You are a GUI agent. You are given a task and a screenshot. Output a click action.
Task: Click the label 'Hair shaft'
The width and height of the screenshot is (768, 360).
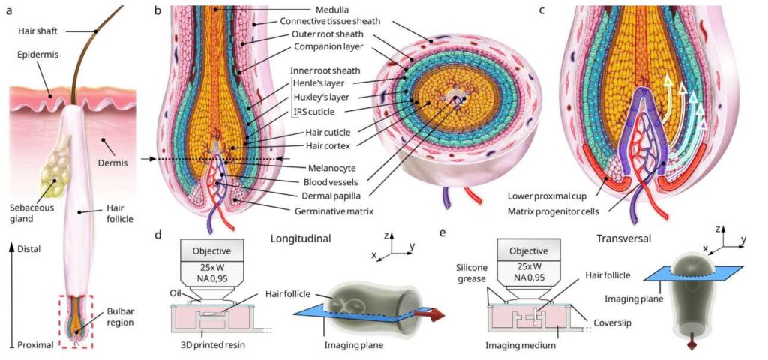[x=40, y=31]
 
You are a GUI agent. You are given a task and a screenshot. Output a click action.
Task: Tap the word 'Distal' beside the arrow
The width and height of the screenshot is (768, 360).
[x=29, y=249]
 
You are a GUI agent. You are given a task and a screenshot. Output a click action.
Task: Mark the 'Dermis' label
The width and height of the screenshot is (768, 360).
[x=117, y=164]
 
